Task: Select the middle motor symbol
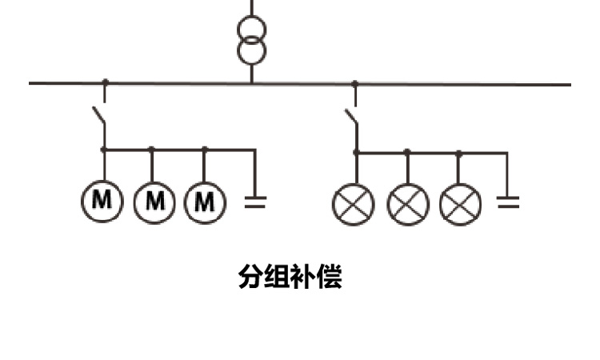[154, 200]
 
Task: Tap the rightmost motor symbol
[206, 200]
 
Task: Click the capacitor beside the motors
[255, 201]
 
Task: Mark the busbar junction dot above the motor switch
[105, 82]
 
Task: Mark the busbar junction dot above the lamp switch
[355, 82]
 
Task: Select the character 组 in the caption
[277, 277]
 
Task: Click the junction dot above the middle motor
[151, 149]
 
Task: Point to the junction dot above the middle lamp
[407, 151]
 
